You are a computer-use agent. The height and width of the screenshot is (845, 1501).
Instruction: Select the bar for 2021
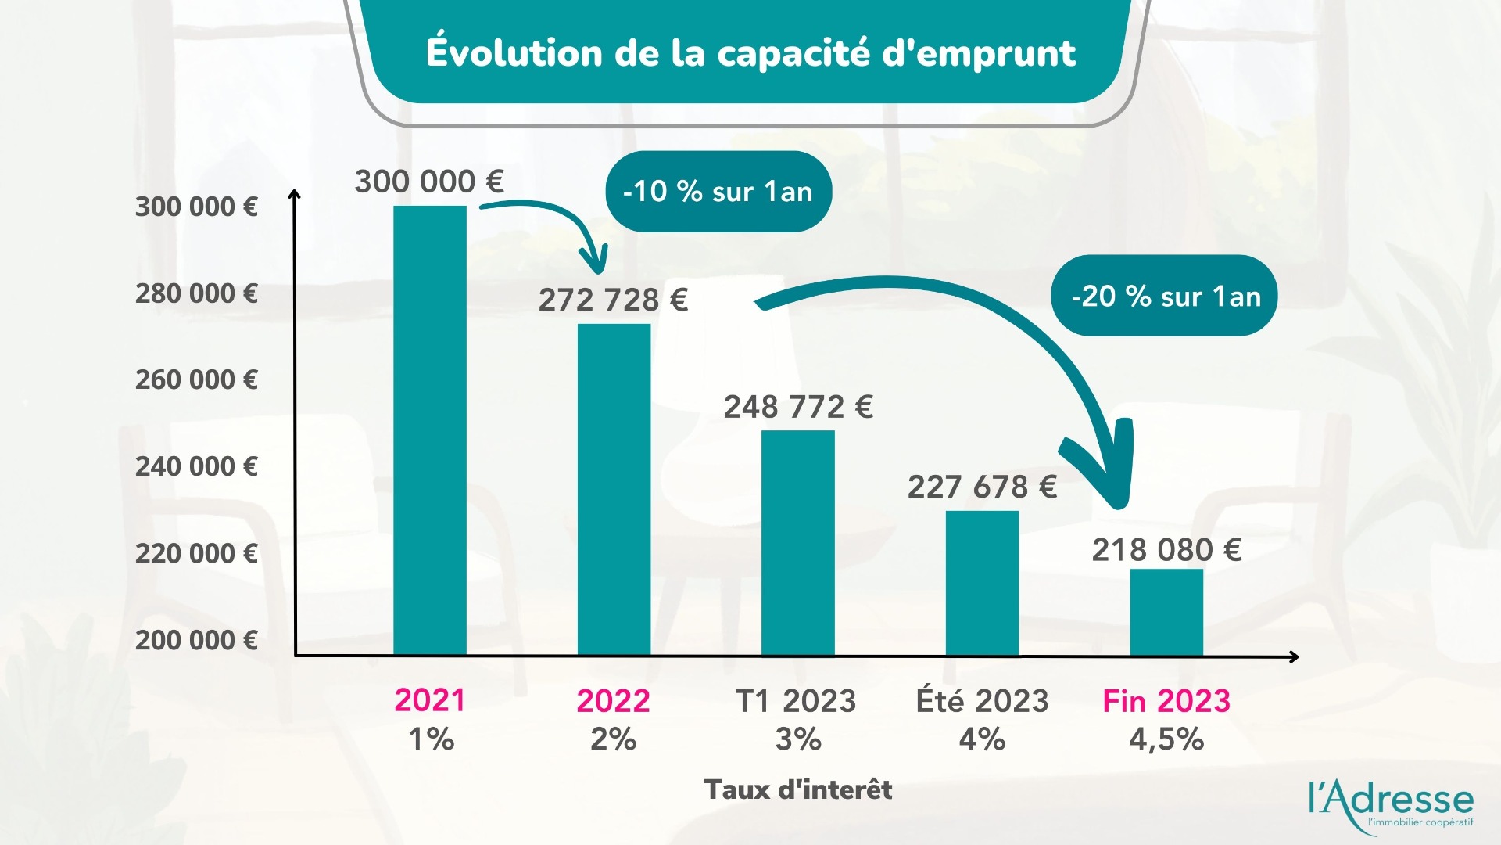pyautogui.click(x=429, y=430)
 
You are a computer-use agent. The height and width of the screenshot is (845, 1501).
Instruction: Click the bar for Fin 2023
pyautogui.click(x=1166, y=612)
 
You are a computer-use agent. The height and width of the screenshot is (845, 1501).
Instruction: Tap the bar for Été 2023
pyautogui.click(x=982, y=583)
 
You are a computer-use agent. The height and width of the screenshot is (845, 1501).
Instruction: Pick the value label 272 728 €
pyautogui.click(x=613, y=300)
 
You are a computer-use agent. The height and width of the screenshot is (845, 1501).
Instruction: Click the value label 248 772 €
pyautogui.click(x=797, y=407)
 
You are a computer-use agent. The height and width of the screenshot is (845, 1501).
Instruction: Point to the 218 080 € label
pyautogui.click(x=1166, y=550)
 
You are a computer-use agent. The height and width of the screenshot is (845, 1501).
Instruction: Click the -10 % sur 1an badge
pyautogui.click(x=718, y=192)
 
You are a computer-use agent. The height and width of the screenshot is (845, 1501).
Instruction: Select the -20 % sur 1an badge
pyautogui.click(x=1164, y=297)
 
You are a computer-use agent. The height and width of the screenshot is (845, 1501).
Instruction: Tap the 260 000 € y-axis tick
pyautogui.click(x=196, y=380)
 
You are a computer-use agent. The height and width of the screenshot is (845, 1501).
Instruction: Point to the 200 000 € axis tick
pyautogui.click(x=196, y=640)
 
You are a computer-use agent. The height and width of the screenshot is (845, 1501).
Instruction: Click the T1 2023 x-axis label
pyautogui.click(x=796, y=701)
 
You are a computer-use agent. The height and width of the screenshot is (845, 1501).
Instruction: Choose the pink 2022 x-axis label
pyautogui.click(x=613, y=701)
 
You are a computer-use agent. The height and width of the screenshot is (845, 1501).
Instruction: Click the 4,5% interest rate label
pyautogui.click(x=1166, y=739)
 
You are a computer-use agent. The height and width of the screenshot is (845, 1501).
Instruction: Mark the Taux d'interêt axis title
pyautogui.click(x=797, y=789)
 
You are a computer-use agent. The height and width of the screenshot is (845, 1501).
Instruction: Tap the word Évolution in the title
pyautogui.click(x=514, y=53)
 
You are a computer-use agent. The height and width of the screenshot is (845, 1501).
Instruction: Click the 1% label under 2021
pyautogui.click(x=431, y=739)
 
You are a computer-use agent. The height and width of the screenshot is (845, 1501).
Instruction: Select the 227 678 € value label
pyautogui.click(x=982, y=487)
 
